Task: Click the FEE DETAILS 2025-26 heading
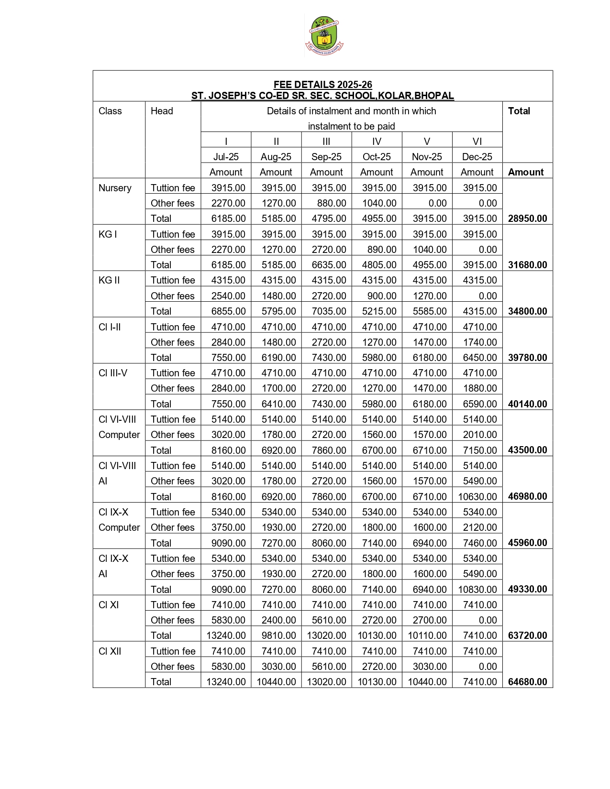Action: (322, 85)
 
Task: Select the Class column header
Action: (110, 111)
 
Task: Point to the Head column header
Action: (162, 111)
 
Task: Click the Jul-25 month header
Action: (226, 157)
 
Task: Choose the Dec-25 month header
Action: (477, 157)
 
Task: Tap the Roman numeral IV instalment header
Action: (377, 142)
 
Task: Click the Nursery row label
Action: (115, 188)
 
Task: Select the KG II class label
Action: (109, 280)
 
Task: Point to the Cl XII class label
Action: (110, 651)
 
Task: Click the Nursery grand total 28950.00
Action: (527, 219)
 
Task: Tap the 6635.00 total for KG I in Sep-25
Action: (329, 265)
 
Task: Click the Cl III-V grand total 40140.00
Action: (527, 404)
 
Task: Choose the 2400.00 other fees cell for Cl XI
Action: (278, 620)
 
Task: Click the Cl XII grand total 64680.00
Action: (527, 682)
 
